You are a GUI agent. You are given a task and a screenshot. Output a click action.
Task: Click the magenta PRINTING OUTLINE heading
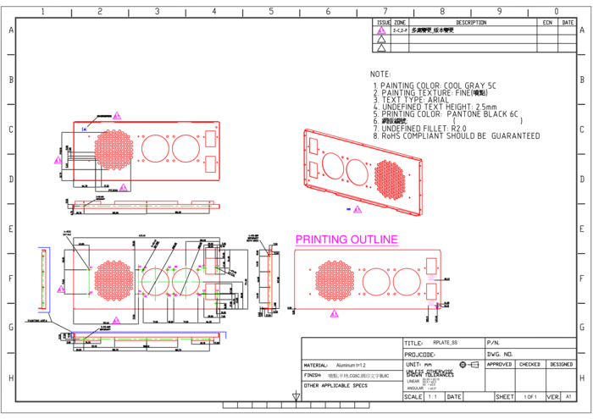346,240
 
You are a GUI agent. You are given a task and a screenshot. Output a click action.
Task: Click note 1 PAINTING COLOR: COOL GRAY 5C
434,86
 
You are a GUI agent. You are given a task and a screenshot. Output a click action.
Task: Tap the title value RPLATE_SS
445,342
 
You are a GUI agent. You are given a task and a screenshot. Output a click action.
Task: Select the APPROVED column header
499,365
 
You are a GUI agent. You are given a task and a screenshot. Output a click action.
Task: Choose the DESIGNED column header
561,365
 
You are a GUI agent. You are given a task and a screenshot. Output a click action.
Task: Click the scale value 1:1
433,396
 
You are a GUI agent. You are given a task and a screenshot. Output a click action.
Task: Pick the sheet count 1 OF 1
530,396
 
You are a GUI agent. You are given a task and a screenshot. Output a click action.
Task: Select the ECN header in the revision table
548,23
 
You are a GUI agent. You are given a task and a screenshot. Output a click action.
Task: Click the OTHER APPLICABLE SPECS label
335,385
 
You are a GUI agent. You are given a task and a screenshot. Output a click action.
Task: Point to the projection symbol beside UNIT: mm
468,365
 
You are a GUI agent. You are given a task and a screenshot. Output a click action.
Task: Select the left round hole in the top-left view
155,149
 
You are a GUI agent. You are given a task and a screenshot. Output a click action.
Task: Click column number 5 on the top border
271,12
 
